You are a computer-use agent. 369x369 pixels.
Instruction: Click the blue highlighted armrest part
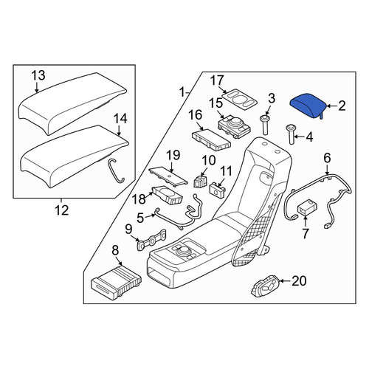coord(308,106)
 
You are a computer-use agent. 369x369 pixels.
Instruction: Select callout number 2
coord(342,106)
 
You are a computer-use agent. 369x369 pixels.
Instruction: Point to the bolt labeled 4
coord(291,134)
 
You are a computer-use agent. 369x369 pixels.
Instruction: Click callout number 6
coord(327,158)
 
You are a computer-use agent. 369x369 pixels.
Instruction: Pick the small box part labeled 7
coord(307,207)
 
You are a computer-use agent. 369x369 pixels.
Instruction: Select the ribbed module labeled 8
coord(116,283)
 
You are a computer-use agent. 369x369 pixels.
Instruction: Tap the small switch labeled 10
coord(201,182)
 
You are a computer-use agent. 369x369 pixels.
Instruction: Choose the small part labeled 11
coord(217,189)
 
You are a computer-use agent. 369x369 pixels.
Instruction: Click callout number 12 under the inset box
coord(61,210)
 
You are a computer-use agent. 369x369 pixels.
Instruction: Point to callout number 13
coord(38,75)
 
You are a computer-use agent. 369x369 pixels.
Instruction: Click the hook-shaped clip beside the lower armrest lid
coord(116,170)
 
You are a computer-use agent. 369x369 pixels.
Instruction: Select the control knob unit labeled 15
coord(234,127)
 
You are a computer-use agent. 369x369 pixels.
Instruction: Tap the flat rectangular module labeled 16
coord(211,139)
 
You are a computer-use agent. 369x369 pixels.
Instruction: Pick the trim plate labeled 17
coord(240,99)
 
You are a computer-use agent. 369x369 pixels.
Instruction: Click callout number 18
coord(139,199)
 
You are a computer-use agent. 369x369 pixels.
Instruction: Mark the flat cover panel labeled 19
coord(168,175)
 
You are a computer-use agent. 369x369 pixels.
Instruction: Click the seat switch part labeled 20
coord(266,286)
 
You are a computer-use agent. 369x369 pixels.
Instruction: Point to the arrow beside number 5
coord(151,216)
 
